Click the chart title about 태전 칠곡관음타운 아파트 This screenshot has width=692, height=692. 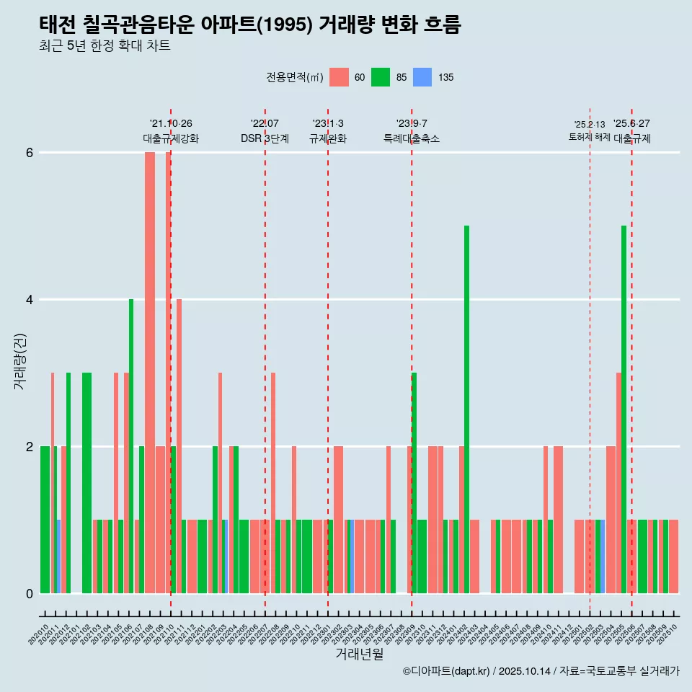(x=249, y=25)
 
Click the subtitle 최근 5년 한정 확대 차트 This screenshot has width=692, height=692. (x=105, y=47)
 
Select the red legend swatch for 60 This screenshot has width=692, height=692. (x=339, y=77)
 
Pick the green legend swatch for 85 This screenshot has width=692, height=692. (x=381, y=77)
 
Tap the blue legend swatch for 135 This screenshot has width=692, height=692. (x=422, y=77)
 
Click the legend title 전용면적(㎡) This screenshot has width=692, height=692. (x=295, y=78)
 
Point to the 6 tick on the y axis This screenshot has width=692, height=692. (x=30, y=153)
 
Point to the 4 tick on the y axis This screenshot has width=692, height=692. (x=30, y=300)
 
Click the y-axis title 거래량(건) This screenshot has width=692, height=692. (x=20, y=361)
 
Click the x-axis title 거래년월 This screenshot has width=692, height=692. (x=359, y=654)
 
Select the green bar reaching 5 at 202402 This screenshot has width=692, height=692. (x=466, y=409)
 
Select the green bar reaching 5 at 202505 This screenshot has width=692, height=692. (x=624, y=409)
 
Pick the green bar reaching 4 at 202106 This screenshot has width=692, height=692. (x=131, y=446)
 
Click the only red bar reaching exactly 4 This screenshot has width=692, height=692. (x=179, y=446)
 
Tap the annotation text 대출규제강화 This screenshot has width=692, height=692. (x=171, y=139)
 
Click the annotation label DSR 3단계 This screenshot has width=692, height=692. (x=265, y=139)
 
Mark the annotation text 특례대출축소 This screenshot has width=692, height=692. (x=411, y=139)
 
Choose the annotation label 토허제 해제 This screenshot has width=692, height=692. (x=589, y=137)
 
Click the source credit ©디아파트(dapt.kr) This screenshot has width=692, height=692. (x=447, y=671)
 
